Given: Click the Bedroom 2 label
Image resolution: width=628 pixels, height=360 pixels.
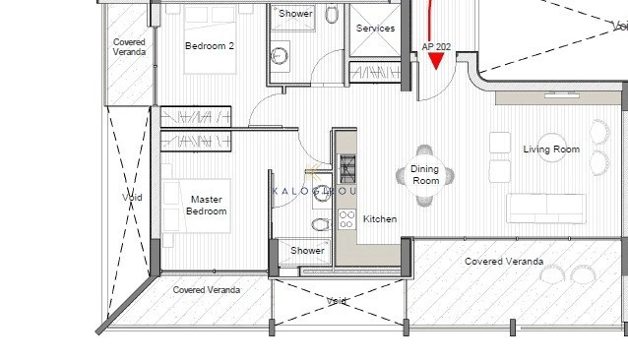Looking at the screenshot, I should [209, 46].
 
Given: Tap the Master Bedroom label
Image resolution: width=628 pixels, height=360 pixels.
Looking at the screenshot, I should [207, 206].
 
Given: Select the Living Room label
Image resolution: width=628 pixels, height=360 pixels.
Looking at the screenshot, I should [551, 150].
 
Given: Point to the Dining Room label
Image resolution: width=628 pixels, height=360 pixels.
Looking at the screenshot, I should [425, 175].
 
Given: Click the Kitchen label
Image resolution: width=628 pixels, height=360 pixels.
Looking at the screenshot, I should [380, 218].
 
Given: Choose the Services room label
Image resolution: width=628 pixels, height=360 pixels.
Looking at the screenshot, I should [375, 29].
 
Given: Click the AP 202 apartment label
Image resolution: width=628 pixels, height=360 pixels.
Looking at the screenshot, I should [436, 46].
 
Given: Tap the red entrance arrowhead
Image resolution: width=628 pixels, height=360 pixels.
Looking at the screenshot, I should [435, 61].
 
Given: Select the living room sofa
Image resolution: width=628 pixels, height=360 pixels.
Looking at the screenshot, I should [545, 209].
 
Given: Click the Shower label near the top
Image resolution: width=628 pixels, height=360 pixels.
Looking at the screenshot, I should [295, 14].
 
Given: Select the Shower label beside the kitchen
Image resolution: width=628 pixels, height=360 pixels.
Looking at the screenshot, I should [307, 251].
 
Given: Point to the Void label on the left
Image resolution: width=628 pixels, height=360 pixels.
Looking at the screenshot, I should [132, 198].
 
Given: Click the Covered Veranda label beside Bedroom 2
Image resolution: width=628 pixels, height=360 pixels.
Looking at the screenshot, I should [130, 47].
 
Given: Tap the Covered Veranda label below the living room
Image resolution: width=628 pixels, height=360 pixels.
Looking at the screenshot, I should [504, 262].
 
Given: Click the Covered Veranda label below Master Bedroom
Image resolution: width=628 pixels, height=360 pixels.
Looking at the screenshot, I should [207, 290].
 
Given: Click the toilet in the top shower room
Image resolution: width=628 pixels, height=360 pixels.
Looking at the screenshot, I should [333, 14].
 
